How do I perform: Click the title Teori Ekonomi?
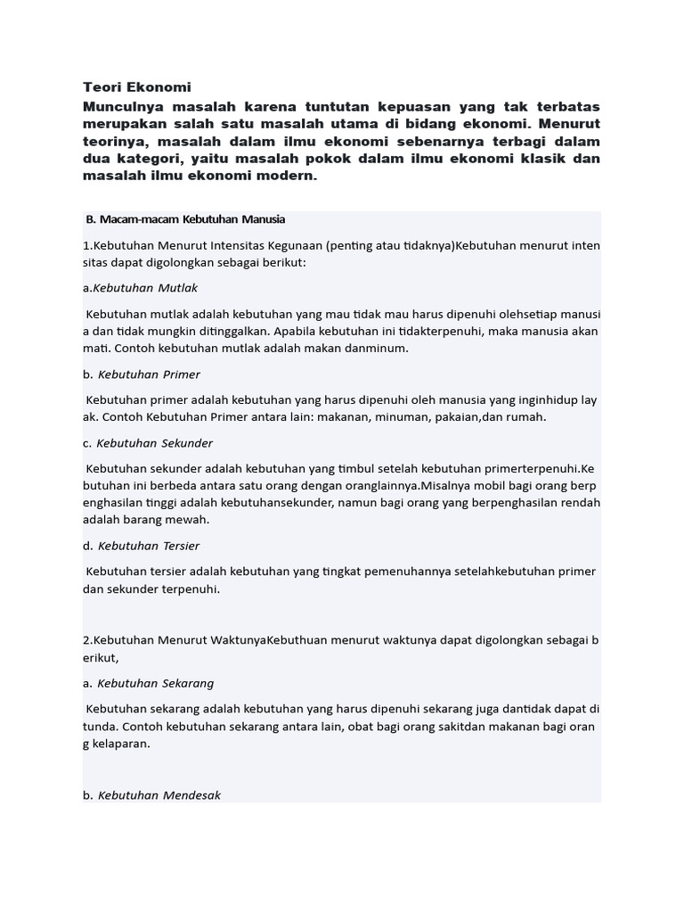[x=136, y=87]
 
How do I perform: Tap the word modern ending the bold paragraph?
[x=288, y=176]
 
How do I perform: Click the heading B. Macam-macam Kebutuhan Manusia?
[x=185, y=219]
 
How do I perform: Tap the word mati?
[x=97, y=349]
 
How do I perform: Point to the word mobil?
[x=512, y=486]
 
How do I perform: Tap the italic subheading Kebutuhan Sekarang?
[x=156, y=683]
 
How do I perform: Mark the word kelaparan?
[x=120, y=744]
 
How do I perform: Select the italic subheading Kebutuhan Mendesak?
[x=159, y=794]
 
